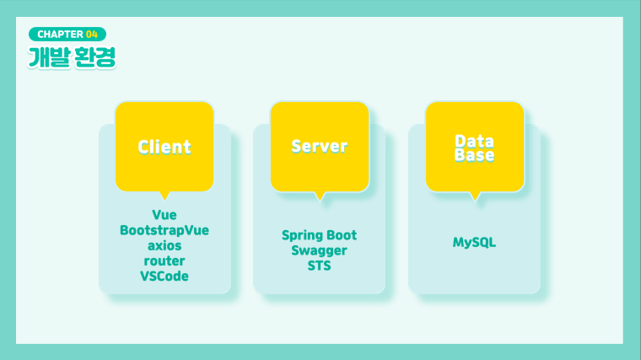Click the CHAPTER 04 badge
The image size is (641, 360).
(x=67, y=35)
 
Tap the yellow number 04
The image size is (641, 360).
(x=92, y=35)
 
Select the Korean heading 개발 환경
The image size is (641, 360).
(x=72, y=57)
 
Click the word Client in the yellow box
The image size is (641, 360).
(x=164, y=147)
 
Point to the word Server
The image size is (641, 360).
(x=320, y=147)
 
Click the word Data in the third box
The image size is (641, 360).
(x=474, y=141)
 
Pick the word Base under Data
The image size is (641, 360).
(x=474, y=155)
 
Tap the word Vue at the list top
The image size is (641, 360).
(x=164, y=215)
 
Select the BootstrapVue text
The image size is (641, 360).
(x=164, y=230)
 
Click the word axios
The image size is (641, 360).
(x=164, y=245)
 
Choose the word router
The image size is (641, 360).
(x=164, y=261)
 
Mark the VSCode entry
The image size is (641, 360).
(x=164, y=277)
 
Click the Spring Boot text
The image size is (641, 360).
(x=320, y=235)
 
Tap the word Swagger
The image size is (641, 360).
(x=320, y=250)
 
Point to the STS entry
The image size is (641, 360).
(x=320, y=266)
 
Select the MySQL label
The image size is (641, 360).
(x=474, y=242)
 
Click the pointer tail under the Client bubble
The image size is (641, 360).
(x=164, y=196)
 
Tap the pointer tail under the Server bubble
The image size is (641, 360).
(x=320, y=196)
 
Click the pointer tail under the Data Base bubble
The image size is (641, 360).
(x=475, y=196)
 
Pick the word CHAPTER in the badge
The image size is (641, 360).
(x=60, y=35)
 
